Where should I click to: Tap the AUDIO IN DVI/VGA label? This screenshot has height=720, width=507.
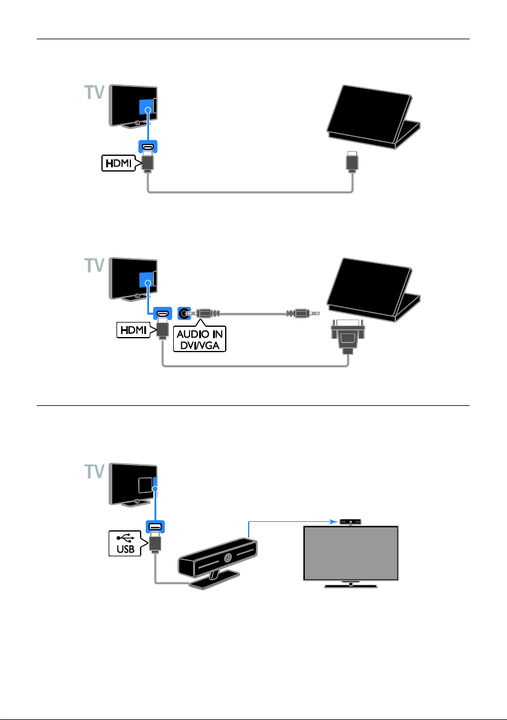pos(200,339)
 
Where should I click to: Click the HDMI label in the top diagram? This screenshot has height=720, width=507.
pos(120,163)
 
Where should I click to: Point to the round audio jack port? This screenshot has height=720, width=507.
pos(184,313)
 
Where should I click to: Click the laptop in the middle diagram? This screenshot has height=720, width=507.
pos(372,290)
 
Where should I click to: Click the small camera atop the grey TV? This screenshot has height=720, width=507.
pos(350,522)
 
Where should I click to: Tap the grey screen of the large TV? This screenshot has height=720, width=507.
pos(351,553)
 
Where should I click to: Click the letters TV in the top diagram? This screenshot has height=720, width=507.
pos(95,92)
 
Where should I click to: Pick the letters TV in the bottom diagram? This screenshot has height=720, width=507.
pos(95,472)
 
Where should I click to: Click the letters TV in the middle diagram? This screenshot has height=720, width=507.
pos(95,265)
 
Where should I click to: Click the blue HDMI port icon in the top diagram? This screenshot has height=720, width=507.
pos(148,147)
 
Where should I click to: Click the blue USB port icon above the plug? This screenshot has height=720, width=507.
pos(155,527)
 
